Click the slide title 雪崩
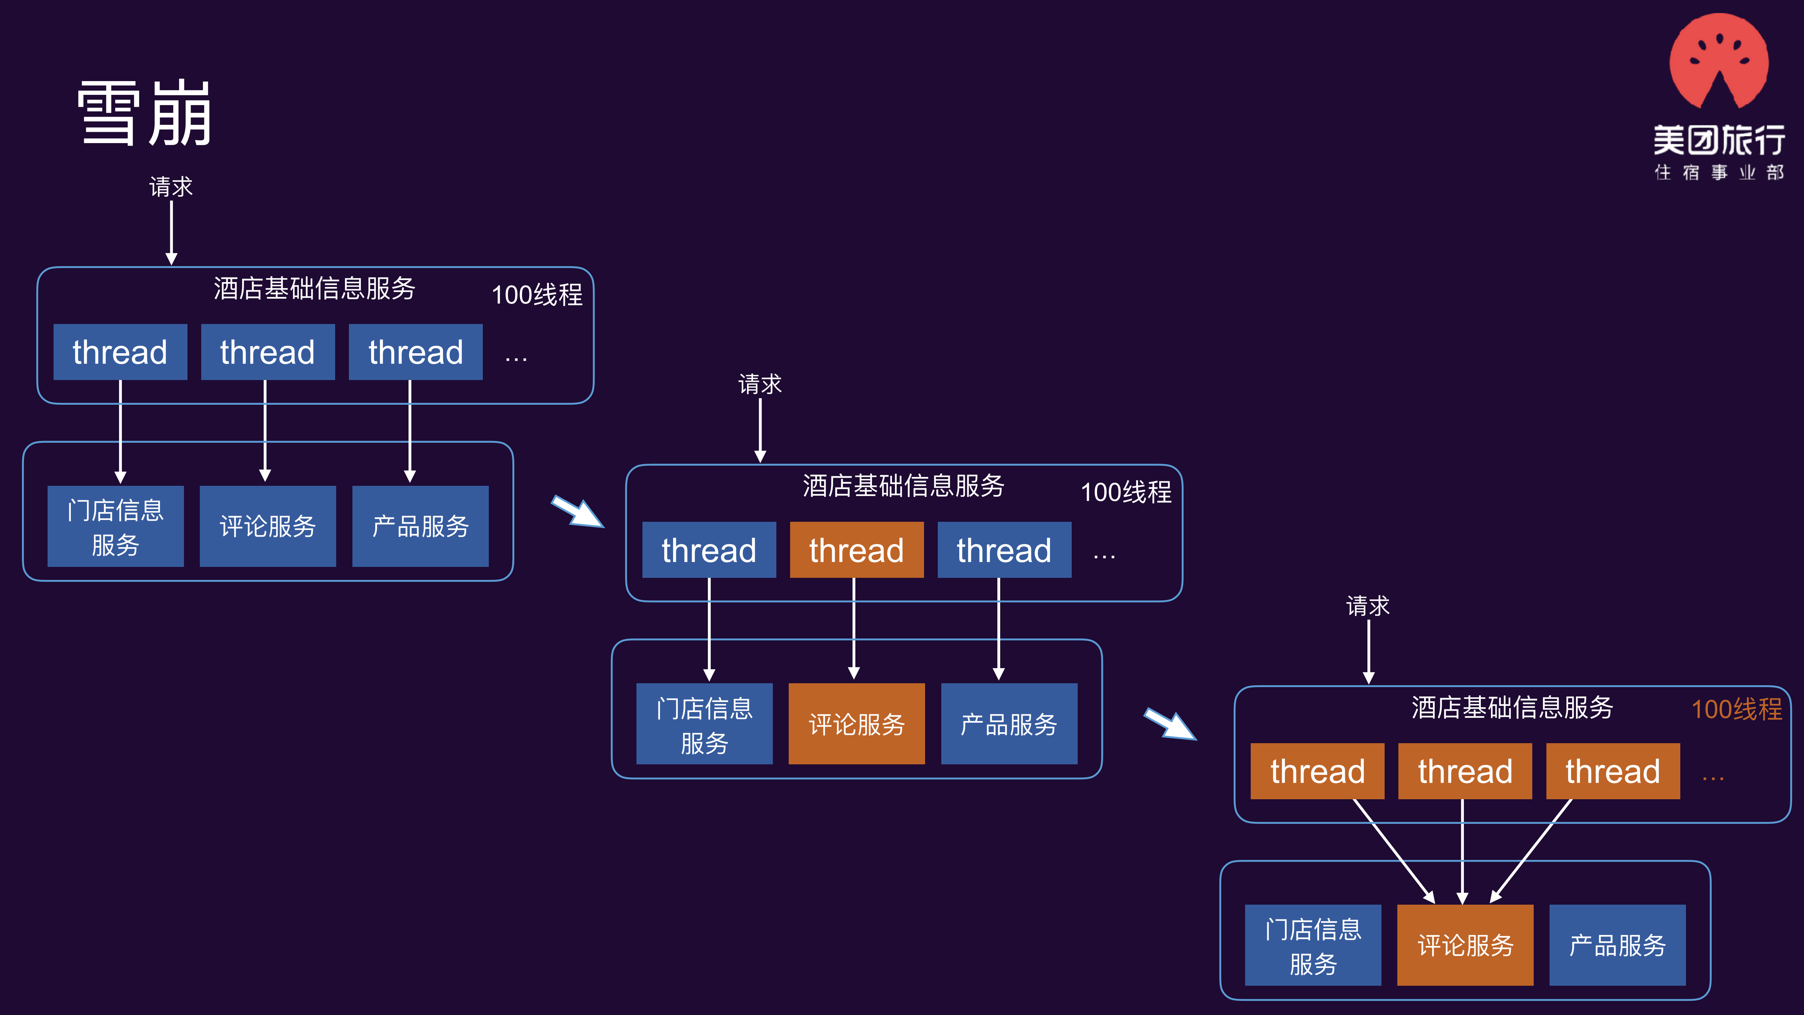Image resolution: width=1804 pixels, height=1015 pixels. [144, 114]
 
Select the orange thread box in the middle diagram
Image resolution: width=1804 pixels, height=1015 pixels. [856, 550]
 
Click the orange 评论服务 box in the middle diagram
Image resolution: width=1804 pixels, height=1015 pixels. [856, 723]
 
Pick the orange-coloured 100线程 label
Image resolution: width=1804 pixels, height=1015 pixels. [1736, 709]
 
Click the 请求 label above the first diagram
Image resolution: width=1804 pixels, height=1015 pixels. [171, 187]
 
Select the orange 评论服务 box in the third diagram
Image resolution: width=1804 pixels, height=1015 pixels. [1465, 945]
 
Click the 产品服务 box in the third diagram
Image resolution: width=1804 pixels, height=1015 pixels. [1617, 945]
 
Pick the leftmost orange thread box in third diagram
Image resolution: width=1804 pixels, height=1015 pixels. [1317, 771]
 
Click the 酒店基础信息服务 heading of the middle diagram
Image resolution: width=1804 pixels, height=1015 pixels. [903, 485]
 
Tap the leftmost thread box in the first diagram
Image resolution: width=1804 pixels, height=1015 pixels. [120, 351]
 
